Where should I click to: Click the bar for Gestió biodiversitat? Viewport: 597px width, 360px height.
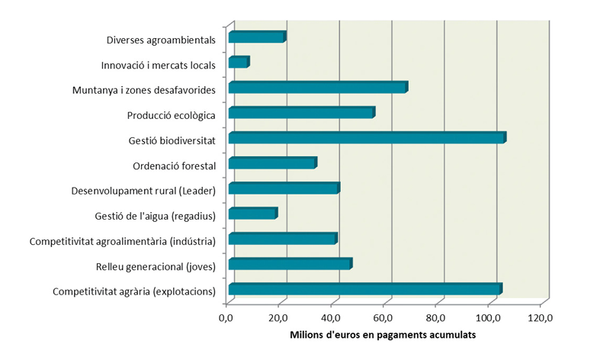coord(367,138)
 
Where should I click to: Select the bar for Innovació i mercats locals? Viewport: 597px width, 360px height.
coord(239,63)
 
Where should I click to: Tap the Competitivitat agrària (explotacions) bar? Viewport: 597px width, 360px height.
coord(364,289)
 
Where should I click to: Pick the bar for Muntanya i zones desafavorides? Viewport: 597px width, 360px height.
coord(318,88)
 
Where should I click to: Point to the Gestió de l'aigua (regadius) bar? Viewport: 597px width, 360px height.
coord(252,214)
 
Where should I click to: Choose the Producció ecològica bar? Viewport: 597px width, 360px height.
coord(301,113)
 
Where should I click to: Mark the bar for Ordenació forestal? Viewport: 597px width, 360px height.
coord(272,163)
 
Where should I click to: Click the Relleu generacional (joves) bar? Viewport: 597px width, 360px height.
coord(290,264)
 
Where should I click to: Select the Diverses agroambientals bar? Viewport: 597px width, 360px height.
coord(257,37)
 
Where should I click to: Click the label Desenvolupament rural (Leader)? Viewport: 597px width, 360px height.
coord(143,191)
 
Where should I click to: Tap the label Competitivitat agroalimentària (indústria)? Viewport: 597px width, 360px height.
coord(123,241)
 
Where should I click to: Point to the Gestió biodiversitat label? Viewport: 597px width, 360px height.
coord(173,140)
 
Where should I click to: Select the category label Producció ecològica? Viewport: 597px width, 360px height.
coord(172,115)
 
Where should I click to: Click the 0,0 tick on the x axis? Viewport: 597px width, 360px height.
coord(226,317)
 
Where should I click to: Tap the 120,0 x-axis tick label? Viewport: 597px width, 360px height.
coord(540,317)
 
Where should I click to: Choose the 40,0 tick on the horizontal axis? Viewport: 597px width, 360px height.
coord(331,317)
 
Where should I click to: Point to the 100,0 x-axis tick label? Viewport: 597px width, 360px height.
coord(488,317)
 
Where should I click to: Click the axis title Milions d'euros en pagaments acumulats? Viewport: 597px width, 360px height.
coord(384,335)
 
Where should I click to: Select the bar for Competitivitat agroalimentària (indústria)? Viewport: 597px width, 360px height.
coord(282,239)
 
